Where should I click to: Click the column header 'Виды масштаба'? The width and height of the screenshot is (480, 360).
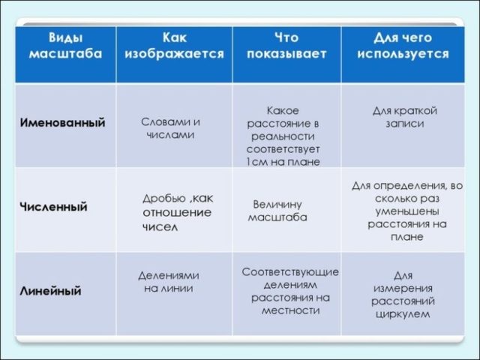click(x=66, y=46)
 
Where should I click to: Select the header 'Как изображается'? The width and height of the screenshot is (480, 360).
click(x=174, y=46)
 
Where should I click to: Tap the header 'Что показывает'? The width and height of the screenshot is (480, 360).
click(x=286, y=46)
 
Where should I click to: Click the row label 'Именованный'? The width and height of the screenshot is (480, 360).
click(x=62, y=122)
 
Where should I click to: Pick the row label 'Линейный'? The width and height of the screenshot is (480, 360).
click(x=50, y=291)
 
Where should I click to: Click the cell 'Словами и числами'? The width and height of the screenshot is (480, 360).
click(x=170, y=128)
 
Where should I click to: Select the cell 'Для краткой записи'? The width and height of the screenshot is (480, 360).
click(x=404, y=117)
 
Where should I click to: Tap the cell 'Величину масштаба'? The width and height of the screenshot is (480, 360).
click(x=277, y=211)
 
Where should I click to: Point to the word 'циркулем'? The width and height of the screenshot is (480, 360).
click(x=403, y=314)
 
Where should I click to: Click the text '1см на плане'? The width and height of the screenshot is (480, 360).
click(x=282, y=162)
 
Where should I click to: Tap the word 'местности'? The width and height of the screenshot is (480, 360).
click(x=290, y=310)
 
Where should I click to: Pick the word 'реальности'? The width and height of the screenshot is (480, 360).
click(x=282, y=136)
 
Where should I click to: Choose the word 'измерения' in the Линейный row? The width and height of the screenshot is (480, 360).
click(x=403, y=289)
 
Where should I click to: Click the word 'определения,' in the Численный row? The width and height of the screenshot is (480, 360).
click(x=416, y=186)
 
